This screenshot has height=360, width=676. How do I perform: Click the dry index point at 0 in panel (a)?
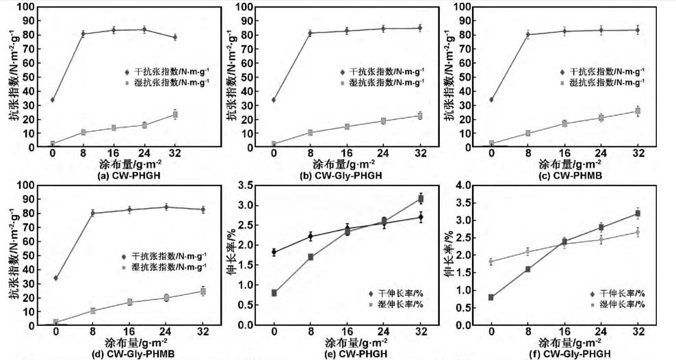(x=53, y=100)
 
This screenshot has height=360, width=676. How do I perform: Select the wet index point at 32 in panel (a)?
(x=175, y=114)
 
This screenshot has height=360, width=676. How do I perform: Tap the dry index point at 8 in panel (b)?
(x=310, y=33)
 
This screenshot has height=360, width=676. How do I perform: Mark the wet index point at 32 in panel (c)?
(x=638, y=111)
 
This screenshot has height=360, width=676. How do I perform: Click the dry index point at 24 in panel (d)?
(x=166, y=207)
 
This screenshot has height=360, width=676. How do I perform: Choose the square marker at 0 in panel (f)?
(x=491, y=297)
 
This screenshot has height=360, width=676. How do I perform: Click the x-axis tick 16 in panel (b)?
(x=347, y=154)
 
